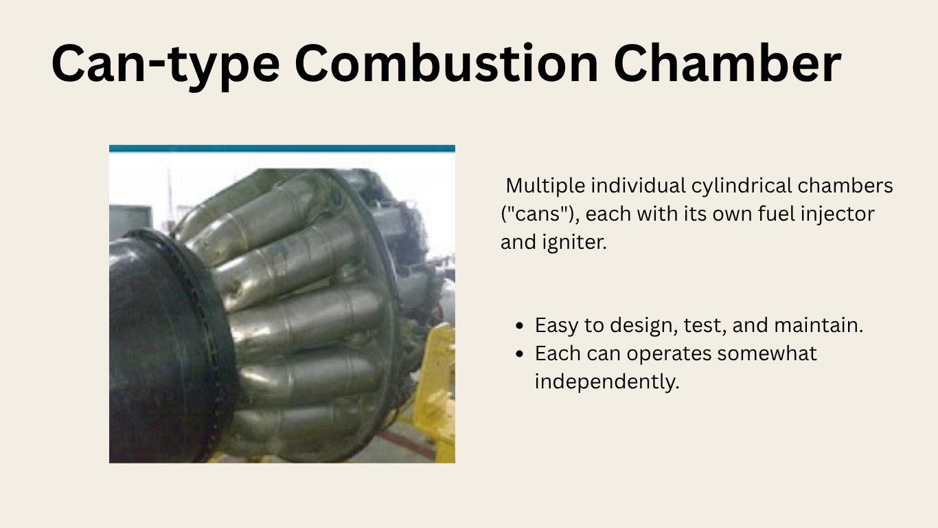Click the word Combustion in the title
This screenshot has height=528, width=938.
point(446,63)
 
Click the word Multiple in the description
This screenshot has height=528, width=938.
point(545,186)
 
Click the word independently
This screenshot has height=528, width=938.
point(606,382)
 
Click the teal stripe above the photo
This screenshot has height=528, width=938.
point(282,148)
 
